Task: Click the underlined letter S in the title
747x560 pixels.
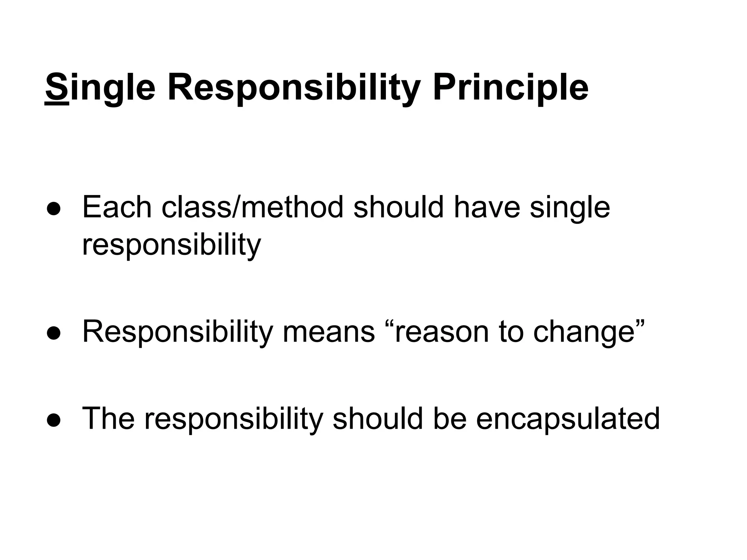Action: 57,88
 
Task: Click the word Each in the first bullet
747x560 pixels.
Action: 117,207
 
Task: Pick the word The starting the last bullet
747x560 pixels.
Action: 108,419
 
